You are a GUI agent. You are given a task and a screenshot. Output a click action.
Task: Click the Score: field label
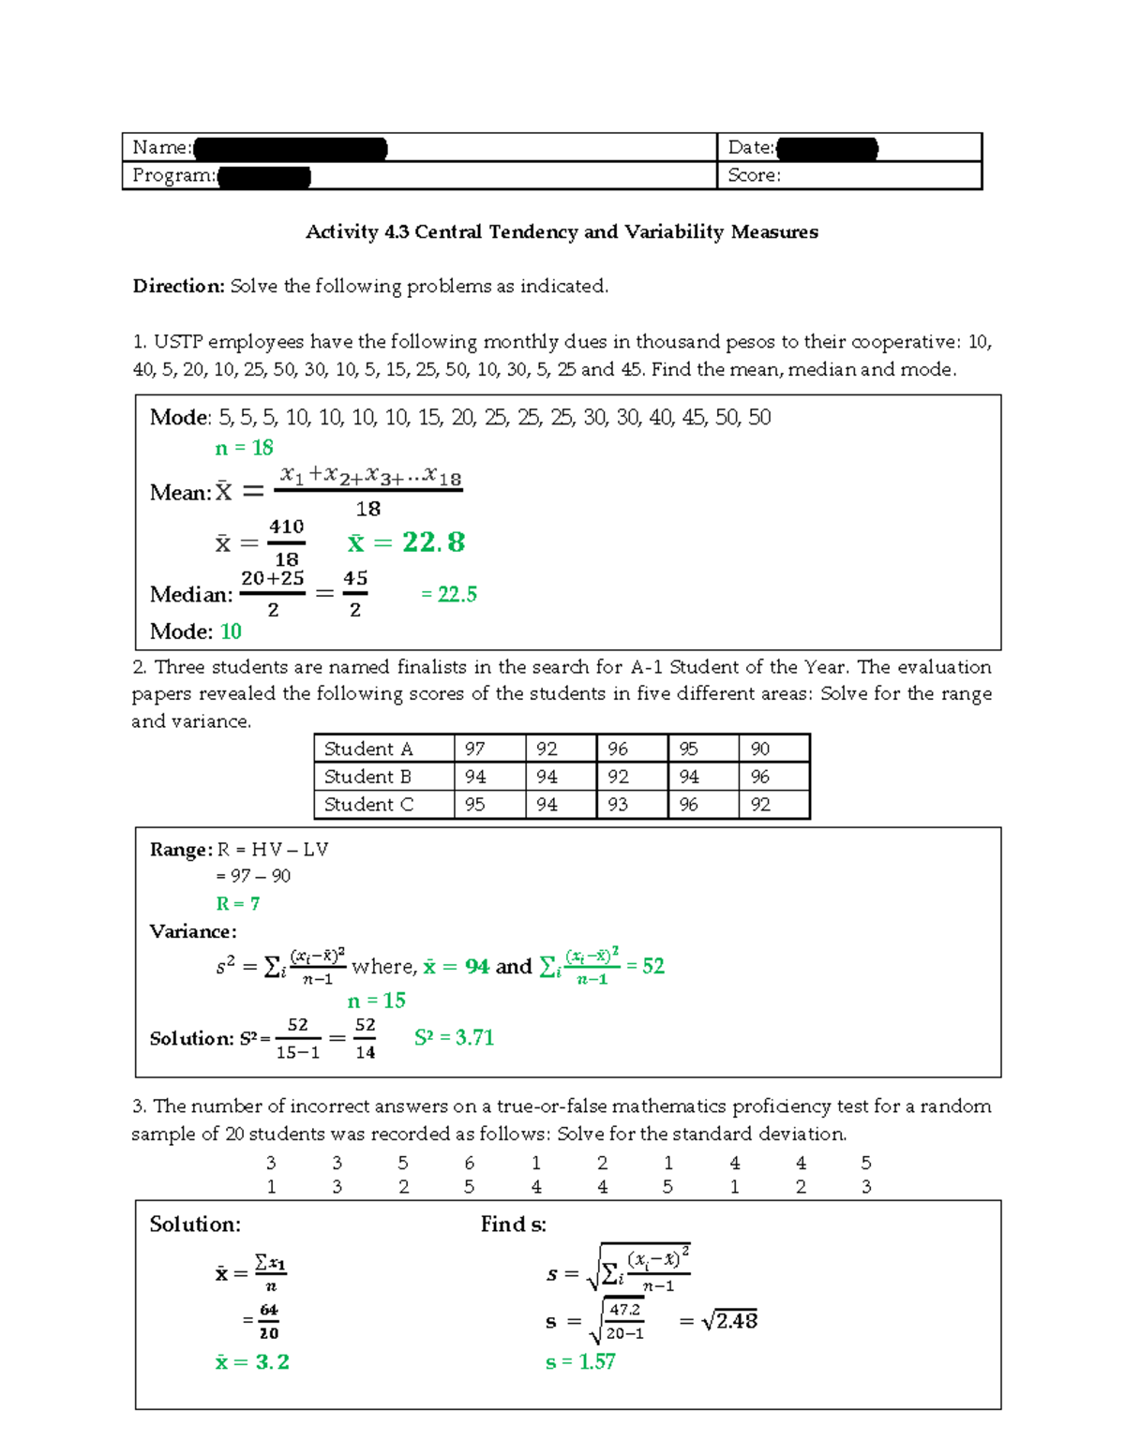pyautogui.click(x=754, y=175)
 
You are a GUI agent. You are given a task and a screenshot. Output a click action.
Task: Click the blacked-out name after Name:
pyautogui.click(x=290, y=148)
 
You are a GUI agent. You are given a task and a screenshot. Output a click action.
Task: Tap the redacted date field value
pyautogui.click(x=827, y=148)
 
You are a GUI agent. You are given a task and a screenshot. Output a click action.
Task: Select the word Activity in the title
pyautogui.click(x=342, y=232)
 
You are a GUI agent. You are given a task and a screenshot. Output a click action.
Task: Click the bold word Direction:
pyautogui.click(x=178, y=287)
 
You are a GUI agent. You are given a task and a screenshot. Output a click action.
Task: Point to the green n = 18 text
pyautogui.click(x=244, y=449)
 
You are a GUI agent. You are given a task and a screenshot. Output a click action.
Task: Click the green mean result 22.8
pyautogui.click(x=406, y=542)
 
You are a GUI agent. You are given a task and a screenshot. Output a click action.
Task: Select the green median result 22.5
pyautogui.click(x=449, y=595)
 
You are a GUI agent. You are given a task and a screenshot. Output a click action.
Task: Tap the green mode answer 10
pyautogui.click(x=231, y=632)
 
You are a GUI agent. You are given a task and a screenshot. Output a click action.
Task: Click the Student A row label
pyautogui.click(x=368, y=749)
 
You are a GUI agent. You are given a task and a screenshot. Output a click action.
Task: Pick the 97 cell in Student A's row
pyautogui.click(x=474, y=749)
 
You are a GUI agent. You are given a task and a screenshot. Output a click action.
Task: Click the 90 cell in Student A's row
pyautogui.click(x=759, y=749)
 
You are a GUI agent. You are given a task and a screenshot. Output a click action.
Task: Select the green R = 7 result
pyautogui.click(x=237, y=904)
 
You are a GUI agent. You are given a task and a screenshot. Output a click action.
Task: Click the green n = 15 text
pyautogui.click(x=376, y=1002)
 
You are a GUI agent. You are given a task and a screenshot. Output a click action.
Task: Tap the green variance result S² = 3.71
pyautogui.click(x=454, y=1038)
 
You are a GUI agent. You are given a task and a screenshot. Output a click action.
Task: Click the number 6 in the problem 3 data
pyautogui.click(x=469, y=1164)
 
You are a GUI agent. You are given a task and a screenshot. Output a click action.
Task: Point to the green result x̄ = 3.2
pyautogui.click(x=252, y=1362)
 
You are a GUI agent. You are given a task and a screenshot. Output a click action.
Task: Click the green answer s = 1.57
pyautogui.click(x=580, y=1362)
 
